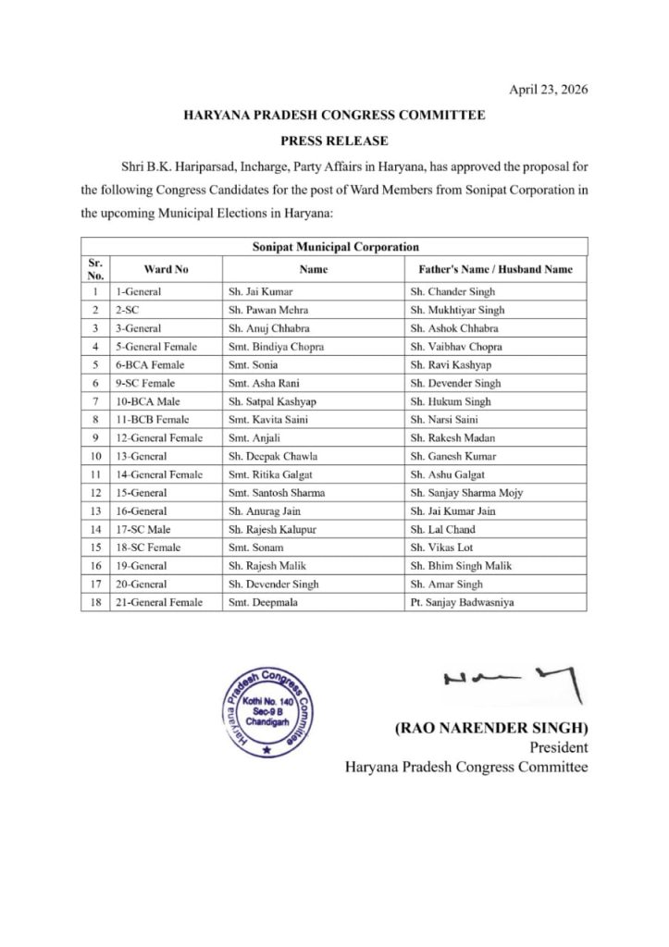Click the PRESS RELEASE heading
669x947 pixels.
coord(334,141)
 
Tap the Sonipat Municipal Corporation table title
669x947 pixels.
coord(335,247)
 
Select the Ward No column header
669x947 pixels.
coord(167,269)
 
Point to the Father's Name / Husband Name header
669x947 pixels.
coord(489,269)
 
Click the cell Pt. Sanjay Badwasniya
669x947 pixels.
coord(462,602)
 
